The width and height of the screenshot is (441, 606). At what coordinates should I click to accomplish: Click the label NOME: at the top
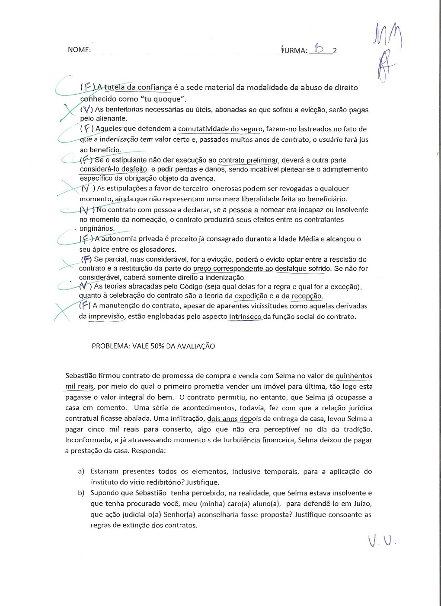[x=79, y=50]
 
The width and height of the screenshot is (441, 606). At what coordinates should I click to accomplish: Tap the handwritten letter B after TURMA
[x=320, y=48]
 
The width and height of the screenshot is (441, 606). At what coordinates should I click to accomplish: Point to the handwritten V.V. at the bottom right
[x=382, y=540]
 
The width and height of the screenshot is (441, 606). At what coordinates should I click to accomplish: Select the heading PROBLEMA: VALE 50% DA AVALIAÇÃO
[x=153, y=346]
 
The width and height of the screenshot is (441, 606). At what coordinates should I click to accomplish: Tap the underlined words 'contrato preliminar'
[x=248, y=160]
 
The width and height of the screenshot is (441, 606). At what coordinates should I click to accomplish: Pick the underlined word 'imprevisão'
[x=106, y=317]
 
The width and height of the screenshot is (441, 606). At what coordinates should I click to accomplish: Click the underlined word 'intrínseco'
[x=245, y=317]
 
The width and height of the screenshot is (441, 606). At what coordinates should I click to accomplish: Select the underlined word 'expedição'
[x=251, y=296]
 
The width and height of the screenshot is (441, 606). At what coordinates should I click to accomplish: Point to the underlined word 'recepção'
[x=307, y=296]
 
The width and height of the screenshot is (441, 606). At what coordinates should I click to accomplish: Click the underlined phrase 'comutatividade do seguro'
[x=220, y=129]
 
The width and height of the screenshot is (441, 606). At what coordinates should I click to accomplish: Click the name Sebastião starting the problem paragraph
[x=81, y=376]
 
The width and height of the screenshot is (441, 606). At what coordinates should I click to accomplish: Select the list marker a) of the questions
[x=81, y=472]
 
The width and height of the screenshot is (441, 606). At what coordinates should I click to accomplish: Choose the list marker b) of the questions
[x=81, y=493]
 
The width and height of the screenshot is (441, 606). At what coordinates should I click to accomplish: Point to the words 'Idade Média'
[x=297, y=239]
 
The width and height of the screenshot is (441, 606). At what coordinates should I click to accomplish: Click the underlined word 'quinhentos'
[x=354, y=376]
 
